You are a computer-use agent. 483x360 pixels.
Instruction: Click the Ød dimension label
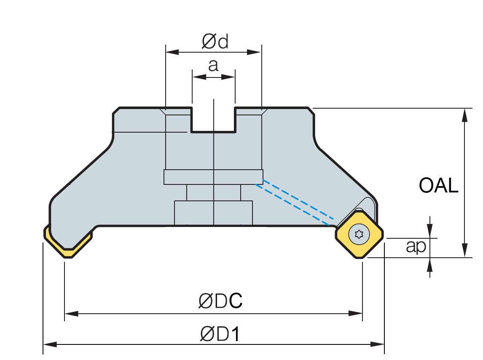[215, 41]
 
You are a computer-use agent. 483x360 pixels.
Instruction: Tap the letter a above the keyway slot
[214, 65]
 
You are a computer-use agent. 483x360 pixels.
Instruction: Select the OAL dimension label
[438, 185]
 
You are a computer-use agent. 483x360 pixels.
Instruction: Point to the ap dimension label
[416, 247]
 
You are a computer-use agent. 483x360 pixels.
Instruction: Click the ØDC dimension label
[220, 301]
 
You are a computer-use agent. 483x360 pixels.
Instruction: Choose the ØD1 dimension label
[220, 334]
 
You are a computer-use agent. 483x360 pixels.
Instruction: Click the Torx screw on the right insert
[359, 235]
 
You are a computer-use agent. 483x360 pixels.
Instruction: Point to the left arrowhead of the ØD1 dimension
[50, 344]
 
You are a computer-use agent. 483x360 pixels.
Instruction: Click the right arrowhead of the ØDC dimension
[357, 314]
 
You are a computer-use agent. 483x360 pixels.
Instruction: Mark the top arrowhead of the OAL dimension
[465, 114]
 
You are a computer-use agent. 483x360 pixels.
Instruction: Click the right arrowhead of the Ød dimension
[255, 52]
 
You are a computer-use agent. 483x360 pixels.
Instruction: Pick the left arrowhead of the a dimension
[198, 77]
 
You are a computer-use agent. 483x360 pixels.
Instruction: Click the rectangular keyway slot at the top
[213, 120]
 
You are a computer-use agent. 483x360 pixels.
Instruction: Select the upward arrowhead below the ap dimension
[429, 264]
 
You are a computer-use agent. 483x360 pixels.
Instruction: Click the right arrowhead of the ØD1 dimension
[378, 344]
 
